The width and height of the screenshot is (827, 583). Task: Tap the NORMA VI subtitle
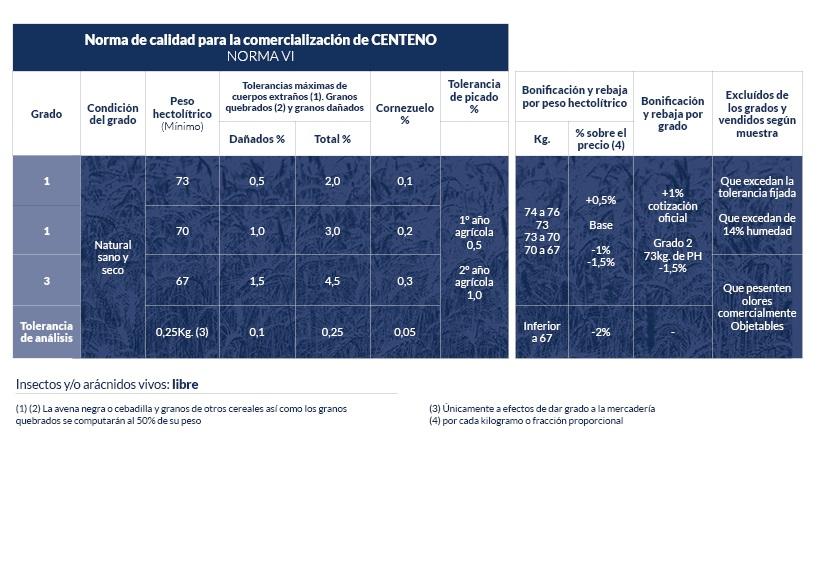point(260,56)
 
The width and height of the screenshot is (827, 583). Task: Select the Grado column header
point(46,114)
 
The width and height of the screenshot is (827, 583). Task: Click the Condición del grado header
point(113,114)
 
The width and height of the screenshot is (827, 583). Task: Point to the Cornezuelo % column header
point(405,114)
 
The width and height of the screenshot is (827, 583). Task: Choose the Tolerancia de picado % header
point(474,97)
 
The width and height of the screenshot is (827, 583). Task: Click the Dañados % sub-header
point(257,139)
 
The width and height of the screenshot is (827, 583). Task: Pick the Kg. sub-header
point(542,139)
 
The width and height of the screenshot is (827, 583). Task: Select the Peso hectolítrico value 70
point(182,231)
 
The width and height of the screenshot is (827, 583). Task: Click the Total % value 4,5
point(332,281)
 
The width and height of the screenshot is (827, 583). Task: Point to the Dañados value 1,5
point(257,281)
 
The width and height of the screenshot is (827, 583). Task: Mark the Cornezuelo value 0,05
point(405,332)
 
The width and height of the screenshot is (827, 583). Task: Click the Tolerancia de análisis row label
point(46,332)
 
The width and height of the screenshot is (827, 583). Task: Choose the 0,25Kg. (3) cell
point(182,332)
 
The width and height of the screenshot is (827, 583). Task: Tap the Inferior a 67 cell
point(542,332)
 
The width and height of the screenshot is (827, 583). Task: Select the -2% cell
point(600,332)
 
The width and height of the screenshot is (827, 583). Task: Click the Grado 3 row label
point(46,281)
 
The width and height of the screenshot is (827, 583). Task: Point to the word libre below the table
point(185,384)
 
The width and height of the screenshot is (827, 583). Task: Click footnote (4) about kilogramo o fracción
point(526,421)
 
